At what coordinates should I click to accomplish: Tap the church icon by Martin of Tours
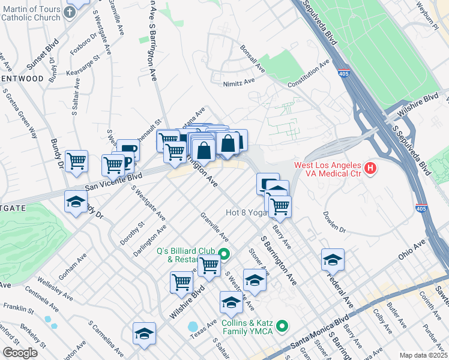tap(70, 13)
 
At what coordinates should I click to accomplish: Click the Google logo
tap(19, 352)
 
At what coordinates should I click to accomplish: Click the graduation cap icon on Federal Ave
tap(333, 259)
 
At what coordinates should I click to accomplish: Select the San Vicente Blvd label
tap(113, 181)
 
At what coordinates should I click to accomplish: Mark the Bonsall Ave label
tap(252, 58)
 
